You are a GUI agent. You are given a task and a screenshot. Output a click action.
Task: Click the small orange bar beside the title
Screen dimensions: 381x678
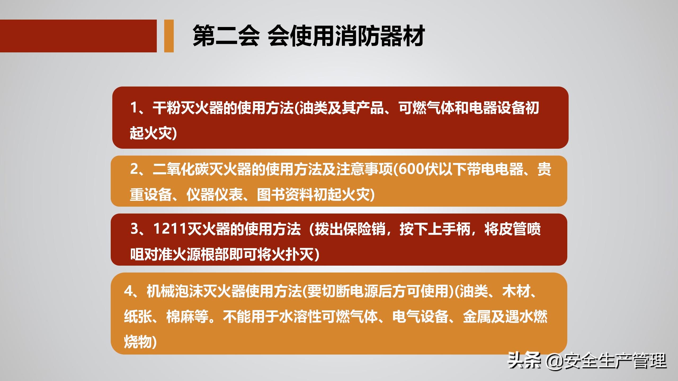click(169, 36)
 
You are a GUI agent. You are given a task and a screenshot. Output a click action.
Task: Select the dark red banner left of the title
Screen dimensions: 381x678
click(78, 36)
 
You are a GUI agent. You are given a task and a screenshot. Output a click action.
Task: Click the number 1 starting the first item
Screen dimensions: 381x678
click(134, 108)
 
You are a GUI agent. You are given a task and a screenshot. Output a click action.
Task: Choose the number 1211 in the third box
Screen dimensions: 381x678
click(170, 229)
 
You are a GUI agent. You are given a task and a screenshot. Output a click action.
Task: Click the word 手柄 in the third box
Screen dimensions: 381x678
click(456, 229)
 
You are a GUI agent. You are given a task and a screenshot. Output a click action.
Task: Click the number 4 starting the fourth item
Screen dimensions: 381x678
click(128, 291)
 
